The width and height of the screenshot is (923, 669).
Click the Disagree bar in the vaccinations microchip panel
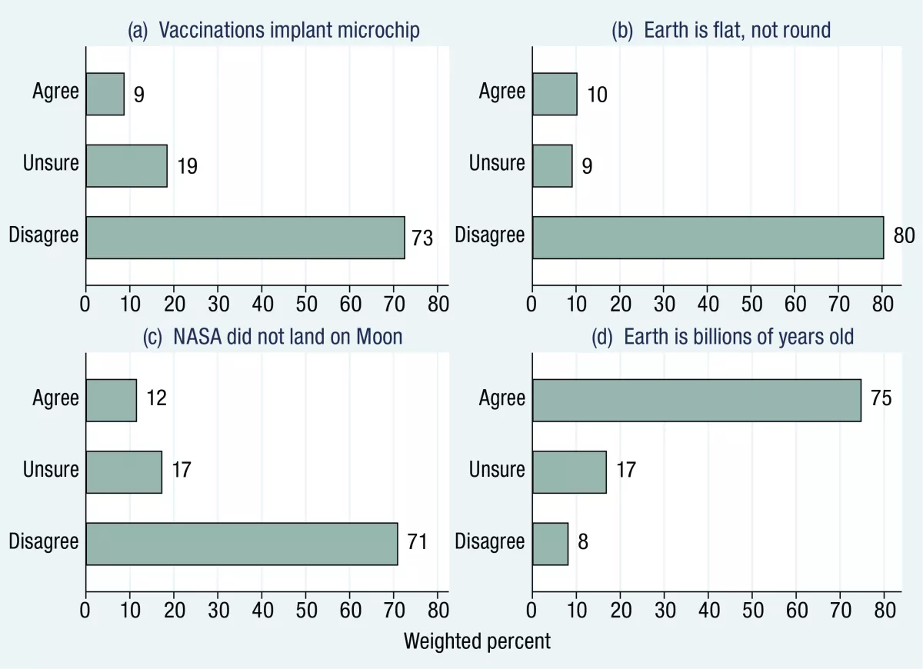[x=245, y=237]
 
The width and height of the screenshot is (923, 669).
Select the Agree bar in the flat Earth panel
[x=554, y=94]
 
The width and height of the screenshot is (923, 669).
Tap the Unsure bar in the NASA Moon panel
[x=124, y=471]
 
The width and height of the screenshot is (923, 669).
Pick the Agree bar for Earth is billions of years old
[x=696, y=400]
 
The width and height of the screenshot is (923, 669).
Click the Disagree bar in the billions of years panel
[x=550, y=544]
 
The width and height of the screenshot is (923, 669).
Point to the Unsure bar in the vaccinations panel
[x=126, y=165]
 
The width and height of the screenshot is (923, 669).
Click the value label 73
[x=422, y=238]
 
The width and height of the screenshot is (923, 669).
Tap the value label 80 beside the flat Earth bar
[x=904, y=235]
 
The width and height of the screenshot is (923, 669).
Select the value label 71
[x=415, y=542]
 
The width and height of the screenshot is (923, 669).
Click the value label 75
[x=881, y=398]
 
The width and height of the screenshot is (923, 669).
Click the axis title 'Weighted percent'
[x=477, y=641]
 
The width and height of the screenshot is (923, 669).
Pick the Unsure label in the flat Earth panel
[x=497, y=163]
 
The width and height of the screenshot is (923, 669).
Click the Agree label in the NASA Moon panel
[x=55, y=398]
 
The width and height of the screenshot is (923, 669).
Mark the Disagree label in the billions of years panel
[x=489, y=541]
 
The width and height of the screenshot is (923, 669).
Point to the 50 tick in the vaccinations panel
[x=305, y=302]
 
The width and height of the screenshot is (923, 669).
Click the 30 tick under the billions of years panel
[x=664, y=609]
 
